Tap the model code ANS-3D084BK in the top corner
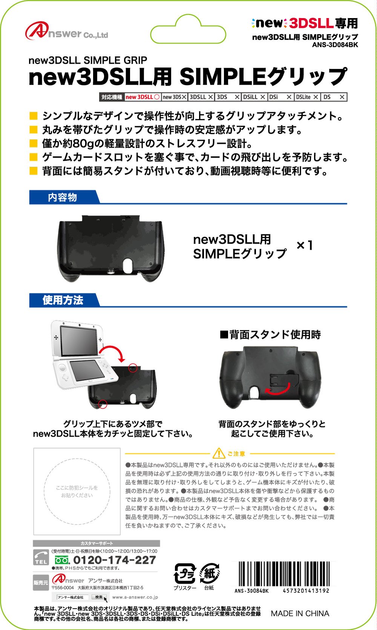[335, 45]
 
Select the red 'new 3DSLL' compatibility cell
[143, 97]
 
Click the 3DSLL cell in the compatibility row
[201, 97]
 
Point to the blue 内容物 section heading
[63, 197]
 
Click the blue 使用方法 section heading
[63, 300]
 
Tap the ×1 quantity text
[305, 246]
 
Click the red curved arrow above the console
[113, 352]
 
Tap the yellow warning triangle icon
[219, 454]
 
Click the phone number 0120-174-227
[114, 560]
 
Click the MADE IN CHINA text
[300, 613]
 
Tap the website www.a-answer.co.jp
[135, 597]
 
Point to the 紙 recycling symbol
[209, 574]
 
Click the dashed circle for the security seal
[77, 491]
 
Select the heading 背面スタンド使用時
[270, 334]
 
